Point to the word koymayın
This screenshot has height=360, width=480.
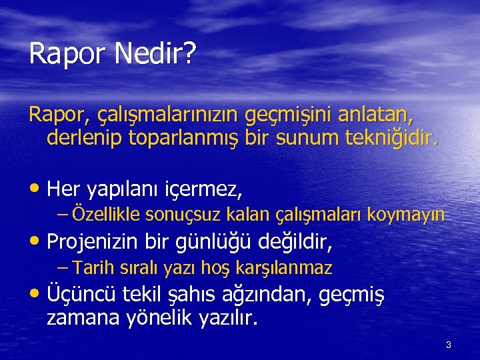pyautogui.click(x=411, y=216)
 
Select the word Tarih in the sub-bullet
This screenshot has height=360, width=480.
pyautogui.click(x=93, y=269)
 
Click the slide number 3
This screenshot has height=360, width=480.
pyautogui.click(x=449, y=345)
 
